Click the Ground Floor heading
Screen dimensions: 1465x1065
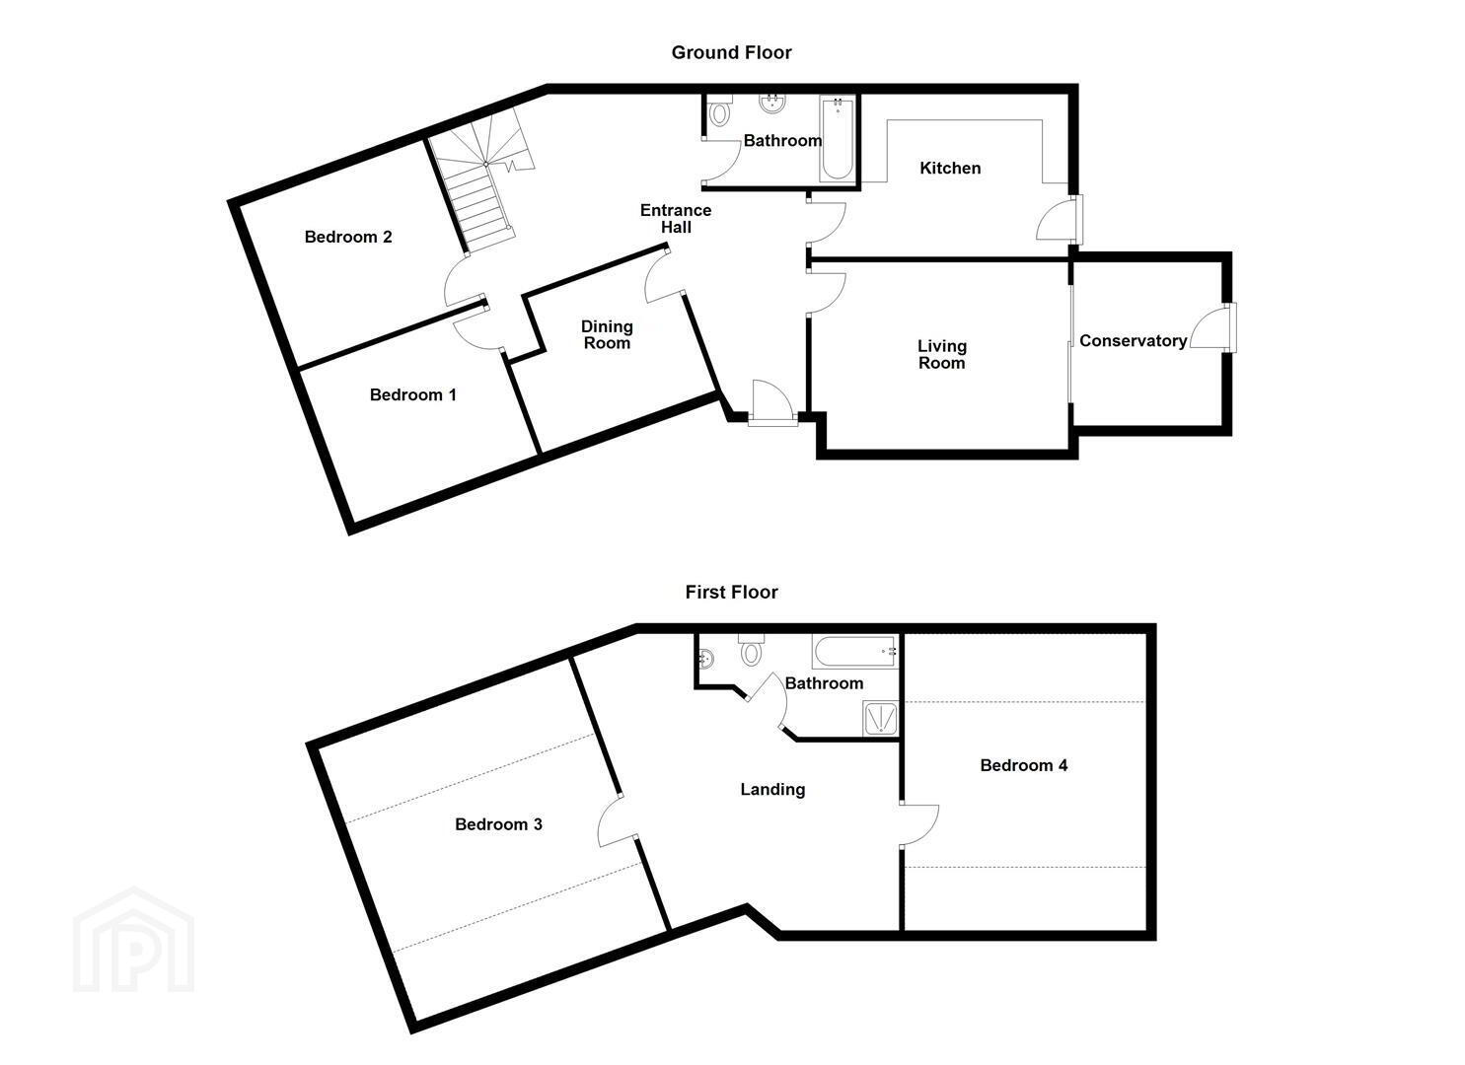(x=731, y=53)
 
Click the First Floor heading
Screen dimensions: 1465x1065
(x=731, y=593)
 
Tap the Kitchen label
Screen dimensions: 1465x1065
(x=950, y=168)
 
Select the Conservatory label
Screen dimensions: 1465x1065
(x=1133, y=340)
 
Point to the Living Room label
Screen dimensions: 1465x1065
(x=942, y=354)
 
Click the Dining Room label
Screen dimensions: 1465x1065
(x=607, y=334)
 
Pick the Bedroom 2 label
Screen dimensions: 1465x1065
(x=348, y=237)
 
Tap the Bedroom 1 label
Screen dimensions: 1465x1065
(x=412, y=394)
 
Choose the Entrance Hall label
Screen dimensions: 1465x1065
(x=676, y=218)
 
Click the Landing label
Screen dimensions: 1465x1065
(x=772, y=790)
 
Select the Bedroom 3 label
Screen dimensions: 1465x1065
(x=498, y=824)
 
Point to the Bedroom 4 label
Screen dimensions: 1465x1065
(x=1024, y=765)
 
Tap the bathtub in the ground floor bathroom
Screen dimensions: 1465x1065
(x=837, y=138)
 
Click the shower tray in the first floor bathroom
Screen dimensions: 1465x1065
(x=880, y=719)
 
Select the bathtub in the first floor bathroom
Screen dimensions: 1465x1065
(x=854, y=651)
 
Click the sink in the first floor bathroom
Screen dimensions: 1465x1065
(x=706, y=658)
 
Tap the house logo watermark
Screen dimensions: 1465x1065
(x=133, y=940)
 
